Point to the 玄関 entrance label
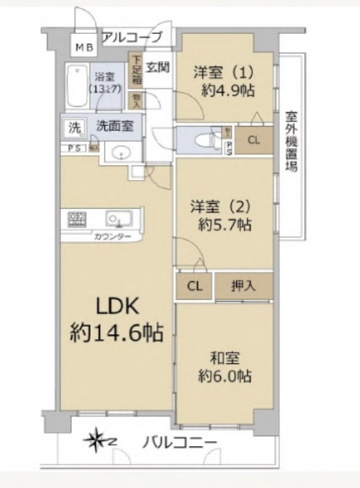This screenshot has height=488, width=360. tap(157, 68)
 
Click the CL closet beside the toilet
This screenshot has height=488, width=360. tap(255, 141)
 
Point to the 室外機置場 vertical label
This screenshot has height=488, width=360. tap(292, 141)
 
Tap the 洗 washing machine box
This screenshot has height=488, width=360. tap(75, 127)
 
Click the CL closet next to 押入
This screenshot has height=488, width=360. tap(193, 285)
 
